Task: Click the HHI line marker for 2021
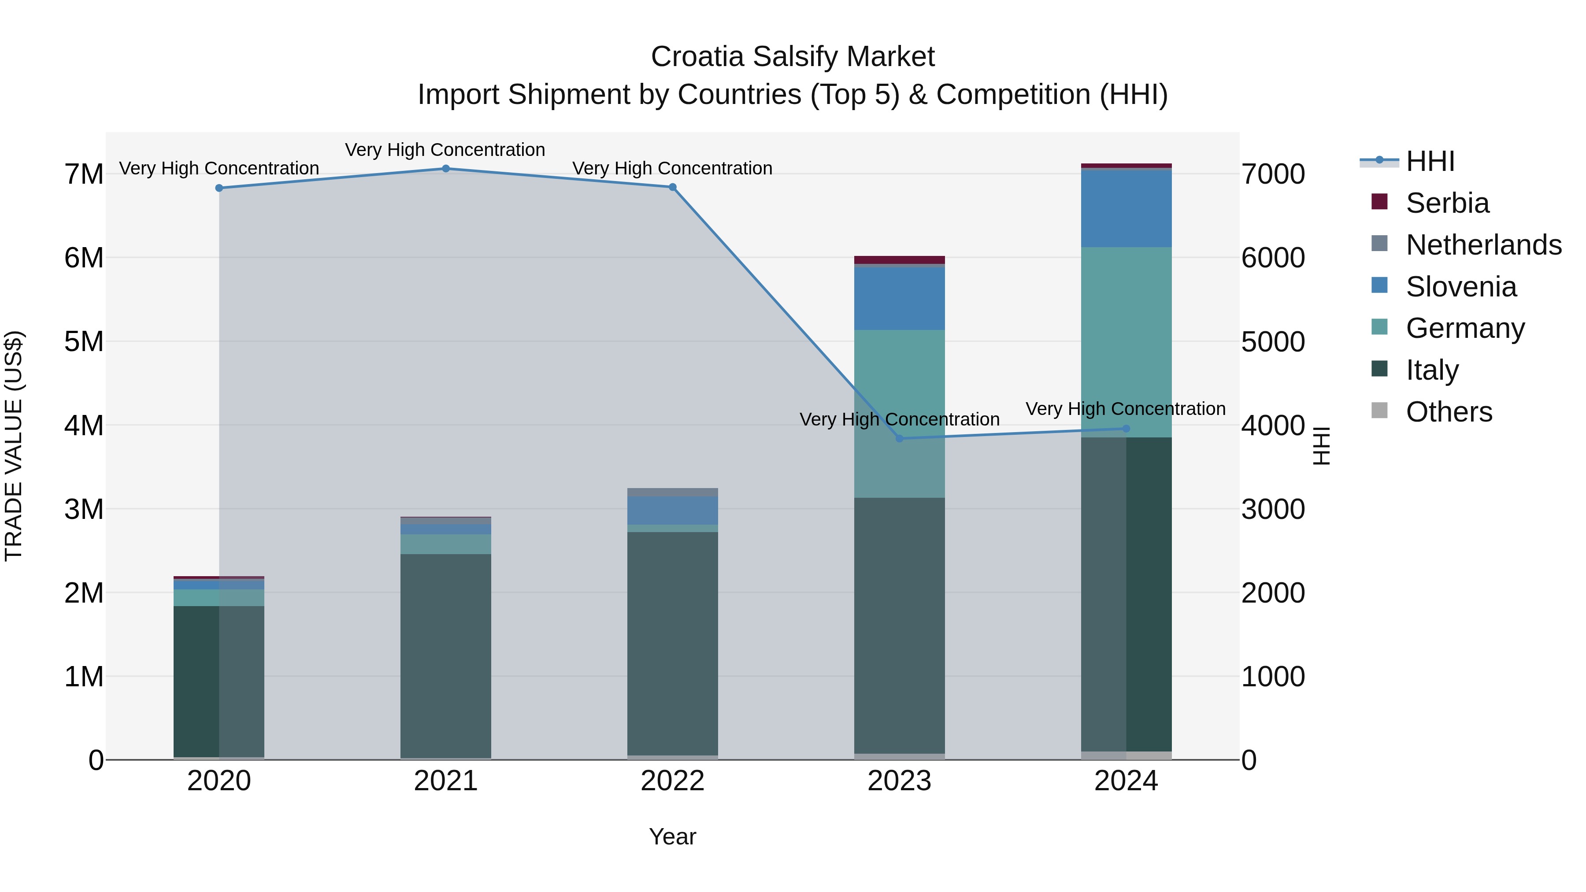click(x=446, y=169)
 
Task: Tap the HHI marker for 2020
click(x=219, y=188)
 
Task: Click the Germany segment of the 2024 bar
click(x=1126, y=339)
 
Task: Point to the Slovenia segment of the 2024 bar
click(x=1126, y=208)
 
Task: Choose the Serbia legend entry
click(x=1447, y=203)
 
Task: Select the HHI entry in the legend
click(x=1430, y=161)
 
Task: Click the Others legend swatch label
click(x=1449, y=412)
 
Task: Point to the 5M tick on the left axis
click(x=84, y=342)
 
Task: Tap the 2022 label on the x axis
click(x=672, y=781)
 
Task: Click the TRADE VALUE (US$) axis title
click(x=14, y=446)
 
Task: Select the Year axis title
click(x=672, y=836)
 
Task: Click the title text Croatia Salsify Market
click(x=793, y=57)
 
